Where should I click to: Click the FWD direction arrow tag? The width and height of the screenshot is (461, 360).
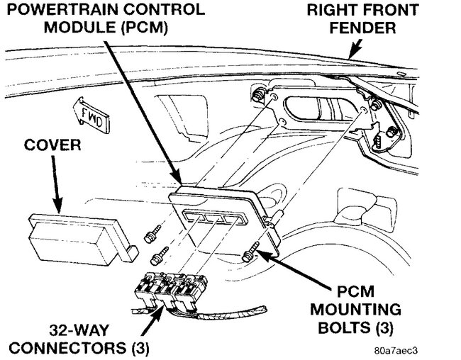click(x=91, y=116)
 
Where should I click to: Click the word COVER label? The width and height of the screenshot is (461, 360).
click(x=52, y=145)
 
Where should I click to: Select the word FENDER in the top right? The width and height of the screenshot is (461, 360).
click(x=362, y=28)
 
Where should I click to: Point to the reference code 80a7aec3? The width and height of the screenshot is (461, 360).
click(x=396, y=351)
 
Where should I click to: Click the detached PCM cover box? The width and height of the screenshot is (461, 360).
click(x=83, y=239)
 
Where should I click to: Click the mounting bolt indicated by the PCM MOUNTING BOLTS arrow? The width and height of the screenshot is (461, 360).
click(x=250, y=252)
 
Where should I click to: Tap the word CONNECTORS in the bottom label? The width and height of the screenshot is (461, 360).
click(x=67, y=348)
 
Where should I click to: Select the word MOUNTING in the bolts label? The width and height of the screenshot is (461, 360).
click(x=356, y=310)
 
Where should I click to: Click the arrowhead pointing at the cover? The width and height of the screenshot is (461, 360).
click(x=57, y=205)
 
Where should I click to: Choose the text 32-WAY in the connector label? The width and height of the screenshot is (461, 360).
click(x=79, y=330)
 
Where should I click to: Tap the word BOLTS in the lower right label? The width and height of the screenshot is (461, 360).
click(x=343, y=327)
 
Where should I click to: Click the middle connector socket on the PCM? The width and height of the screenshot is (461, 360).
click(x=214, y=218)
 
